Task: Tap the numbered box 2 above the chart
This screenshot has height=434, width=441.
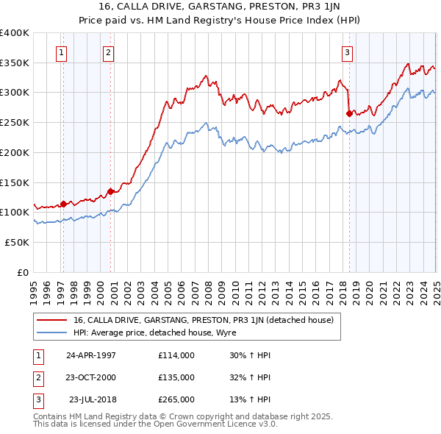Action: coord(108,52)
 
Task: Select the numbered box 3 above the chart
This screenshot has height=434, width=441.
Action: coord(346,52)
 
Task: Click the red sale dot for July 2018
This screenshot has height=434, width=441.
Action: coord(349,113)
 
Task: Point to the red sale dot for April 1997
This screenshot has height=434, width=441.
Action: coord(63,204)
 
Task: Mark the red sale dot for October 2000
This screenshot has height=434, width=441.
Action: coord(111,191)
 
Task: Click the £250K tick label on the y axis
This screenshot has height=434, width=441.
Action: coord(14,123)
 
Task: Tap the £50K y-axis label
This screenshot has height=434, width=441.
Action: coord(17,242)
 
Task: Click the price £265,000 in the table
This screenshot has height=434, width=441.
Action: coord(176,401)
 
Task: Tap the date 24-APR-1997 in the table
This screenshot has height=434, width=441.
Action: coord(91,355)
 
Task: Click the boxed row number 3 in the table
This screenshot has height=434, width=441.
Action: coord(37,401)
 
